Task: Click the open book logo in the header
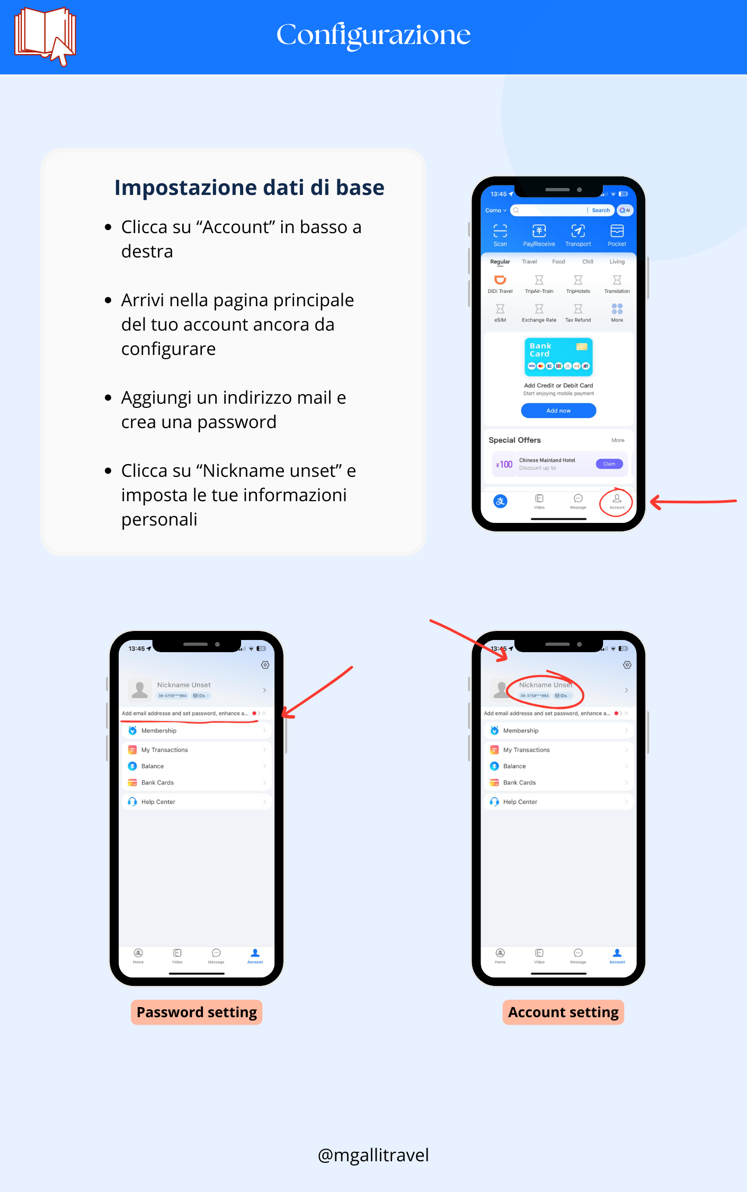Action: [x=45, y=35]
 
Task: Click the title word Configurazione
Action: [x=374, y=35]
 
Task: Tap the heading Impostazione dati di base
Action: [x=249, y=188]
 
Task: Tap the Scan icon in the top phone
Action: [x=500, y=232]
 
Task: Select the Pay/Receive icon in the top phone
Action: [x=539, y=232]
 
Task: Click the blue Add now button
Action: [x=558, y=411]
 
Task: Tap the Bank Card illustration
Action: [x=558, y=357]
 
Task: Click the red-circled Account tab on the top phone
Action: [x=617, y=501]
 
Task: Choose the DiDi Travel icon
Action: [x=500, y=281]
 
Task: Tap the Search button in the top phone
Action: [x=601, y=210]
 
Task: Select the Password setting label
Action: [x=197, y=1012]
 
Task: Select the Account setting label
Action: [x=563, y=1012]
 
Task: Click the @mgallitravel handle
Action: [x=374, y=1155]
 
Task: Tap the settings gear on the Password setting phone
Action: [x=265, y=665]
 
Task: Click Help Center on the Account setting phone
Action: [x=520, y=802]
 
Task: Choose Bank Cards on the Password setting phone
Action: [x=157, y=782]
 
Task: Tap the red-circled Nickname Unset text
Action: [x=546, y=685]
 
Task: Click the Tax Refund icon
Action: [x=578, y=310]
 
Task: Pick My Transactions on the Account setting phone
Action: [x=527, y=750]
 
